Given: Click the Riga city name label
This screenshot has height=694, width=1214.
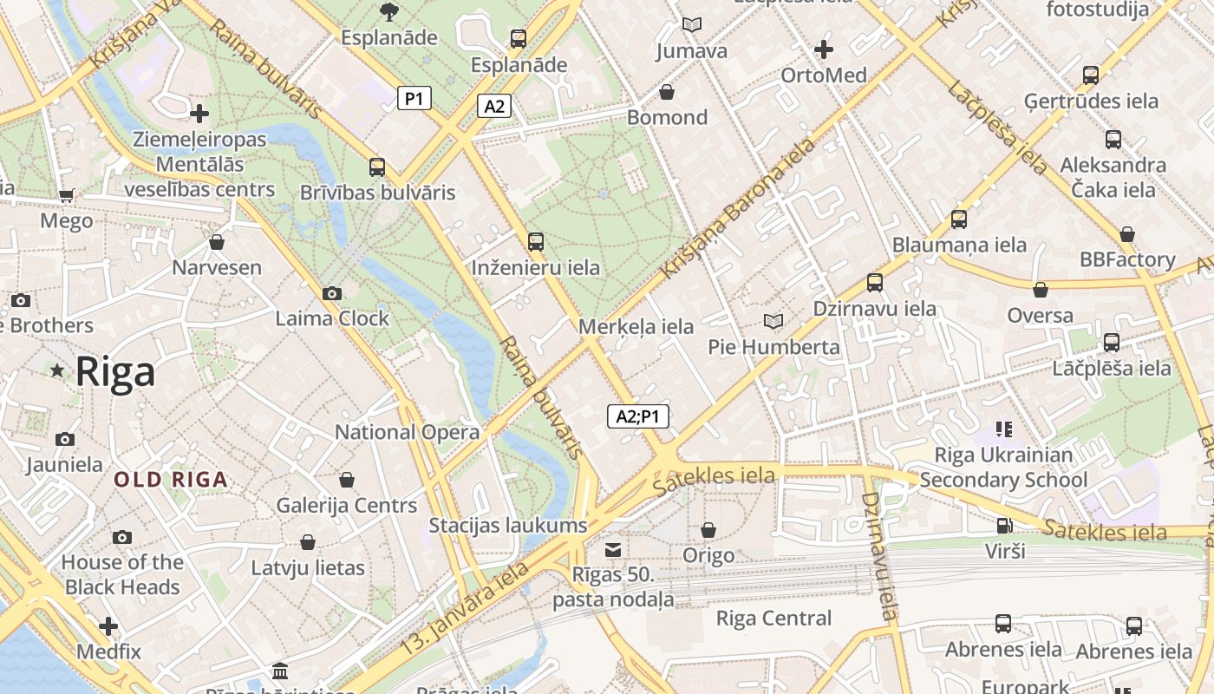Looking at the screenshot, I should point(115,371).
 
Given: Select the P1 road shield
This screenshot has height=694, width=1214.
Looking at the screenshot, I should point(414,99).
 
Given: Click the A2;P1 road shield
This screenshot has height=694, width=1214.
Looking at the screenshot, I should point(637,416).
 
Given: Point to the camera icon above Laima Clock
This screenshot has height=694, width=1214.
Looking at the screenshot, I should point(332,294).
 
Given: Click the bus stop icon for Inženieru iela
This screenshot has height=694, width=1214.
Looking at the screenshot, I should point(536,242).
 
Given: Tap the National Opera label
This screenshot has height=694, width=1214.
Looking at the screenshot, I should point(407,432).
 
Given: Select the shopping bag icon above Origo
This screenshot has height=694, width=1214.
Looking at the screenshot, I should point(708,530).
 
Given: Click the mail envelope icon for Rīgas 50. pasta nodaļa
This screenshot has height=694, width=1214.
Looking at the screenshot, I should point(613,549).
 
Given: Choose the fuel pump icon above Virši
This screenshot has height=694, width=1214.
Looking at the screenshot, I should point(1004,525).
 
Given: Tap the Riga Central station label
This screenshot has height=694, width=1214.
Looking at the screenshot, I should point(773,619).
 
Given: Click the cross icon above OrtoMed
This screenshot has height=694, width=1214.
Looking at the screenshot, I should point(824,49).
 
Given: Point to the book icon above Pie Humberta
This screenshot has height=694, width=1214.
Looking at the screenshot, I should point(773,322).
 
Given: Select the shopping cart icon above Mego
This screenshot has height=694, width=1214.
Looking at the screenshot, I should point(66,196).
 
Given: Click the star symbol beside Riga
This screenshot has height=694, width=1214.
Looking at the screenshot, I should point(58,371).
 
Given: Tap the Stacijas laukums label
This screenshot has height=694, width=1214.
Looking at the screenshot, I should point(508,525).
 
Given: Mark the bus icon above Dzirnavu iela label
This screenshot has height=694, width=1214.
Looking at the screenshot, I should point(874,283).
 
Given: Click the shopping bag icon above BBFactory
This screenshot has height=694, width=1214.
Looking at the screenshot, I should point(1126,234).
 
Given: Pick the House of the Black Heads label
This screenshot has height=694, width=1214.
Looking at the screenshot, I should point(122,574).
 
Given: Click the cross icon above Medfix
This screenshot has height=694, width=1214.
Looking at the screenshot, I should point(108,626).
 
